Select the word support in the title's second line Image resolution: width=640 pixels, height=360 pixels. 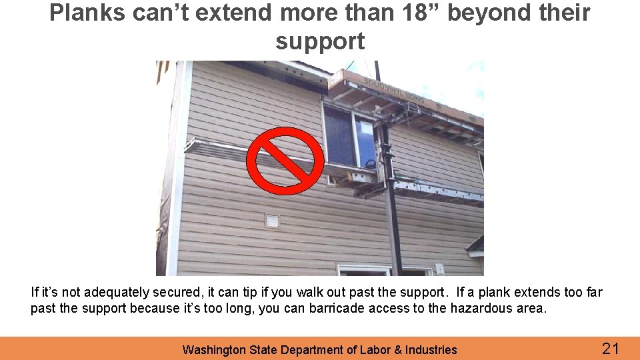click(x=320, y=41)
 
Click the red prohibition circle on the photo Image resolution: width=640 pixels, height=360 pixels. click(x=285, y=160)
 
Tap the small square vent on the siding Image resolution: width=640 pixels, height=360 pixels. click(x=272, y=221)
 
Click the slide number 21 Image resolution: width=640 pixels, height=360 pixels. click(x=611, y=348)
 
